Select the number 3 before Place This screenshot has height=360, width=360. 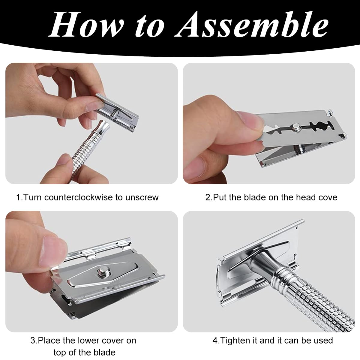32,340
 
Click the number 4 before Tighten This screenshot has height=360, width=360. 214,340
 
